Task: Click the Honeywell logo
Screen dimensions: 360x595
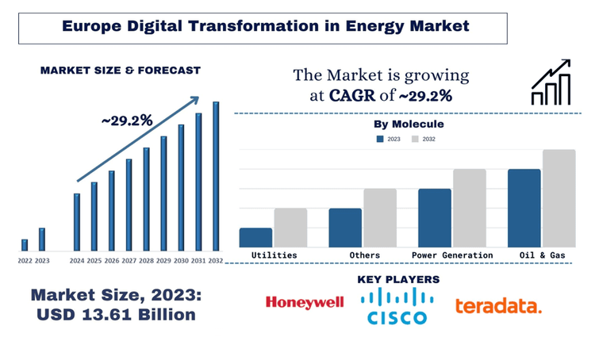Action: click(304, 302)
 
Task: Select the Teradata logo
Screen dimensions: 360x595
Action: click(498, 305)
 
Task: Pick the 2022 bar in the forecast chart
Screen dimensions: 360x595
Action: click(25, 244)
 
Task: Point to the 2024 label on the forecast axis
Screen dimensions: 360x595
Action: click(77, 260)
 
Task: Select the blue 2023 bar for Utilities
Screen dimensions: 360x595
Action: click(255, 238)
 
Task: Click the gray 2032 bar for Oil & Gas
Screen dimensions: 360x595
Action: click(559, 198)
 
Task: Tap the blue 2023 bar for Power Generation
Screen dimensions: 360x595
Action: click(435, 218)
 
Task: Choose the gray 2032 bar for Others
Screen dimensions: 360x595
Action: click(380, 218)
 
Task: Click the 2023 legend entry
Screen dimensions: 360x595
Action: click(388, 139)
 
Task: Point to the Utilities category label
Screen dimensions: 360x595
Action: click(274, 255)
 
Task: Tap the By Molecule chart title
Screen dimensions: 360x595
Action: click(408, 124)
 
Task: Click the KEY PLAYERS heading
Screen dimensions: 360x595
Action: click(398, 280)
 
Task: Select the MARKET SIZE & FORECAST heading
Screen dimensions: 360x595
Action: click(121, 71)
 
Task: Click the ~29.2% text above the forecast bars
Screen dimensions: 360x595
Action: click(127, 121)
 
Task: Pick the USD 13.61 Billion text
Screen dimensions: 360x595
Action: click(116, 314)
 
